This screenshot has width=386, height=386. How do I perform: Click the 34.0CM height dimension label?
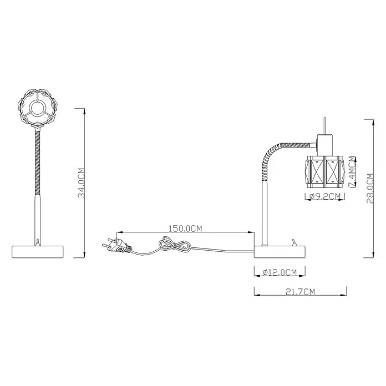(x=82, y=183)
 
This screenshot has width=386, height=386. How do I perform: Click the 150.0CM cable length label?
(x=185, y=228)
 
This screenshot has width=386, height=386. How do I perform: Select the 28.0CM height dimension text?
(x=370, y=189)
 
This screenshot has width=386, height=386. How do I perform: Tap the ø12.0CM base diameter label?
(x=280, y=272)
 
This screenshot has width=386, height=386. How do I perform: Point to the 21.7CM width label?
(x=300, y=292)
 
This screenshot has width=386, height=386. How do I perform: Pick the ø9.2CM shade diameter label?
(x=325, y=196)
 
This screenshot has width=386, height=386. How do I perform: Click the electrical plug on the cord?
(x=116, y=245)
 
